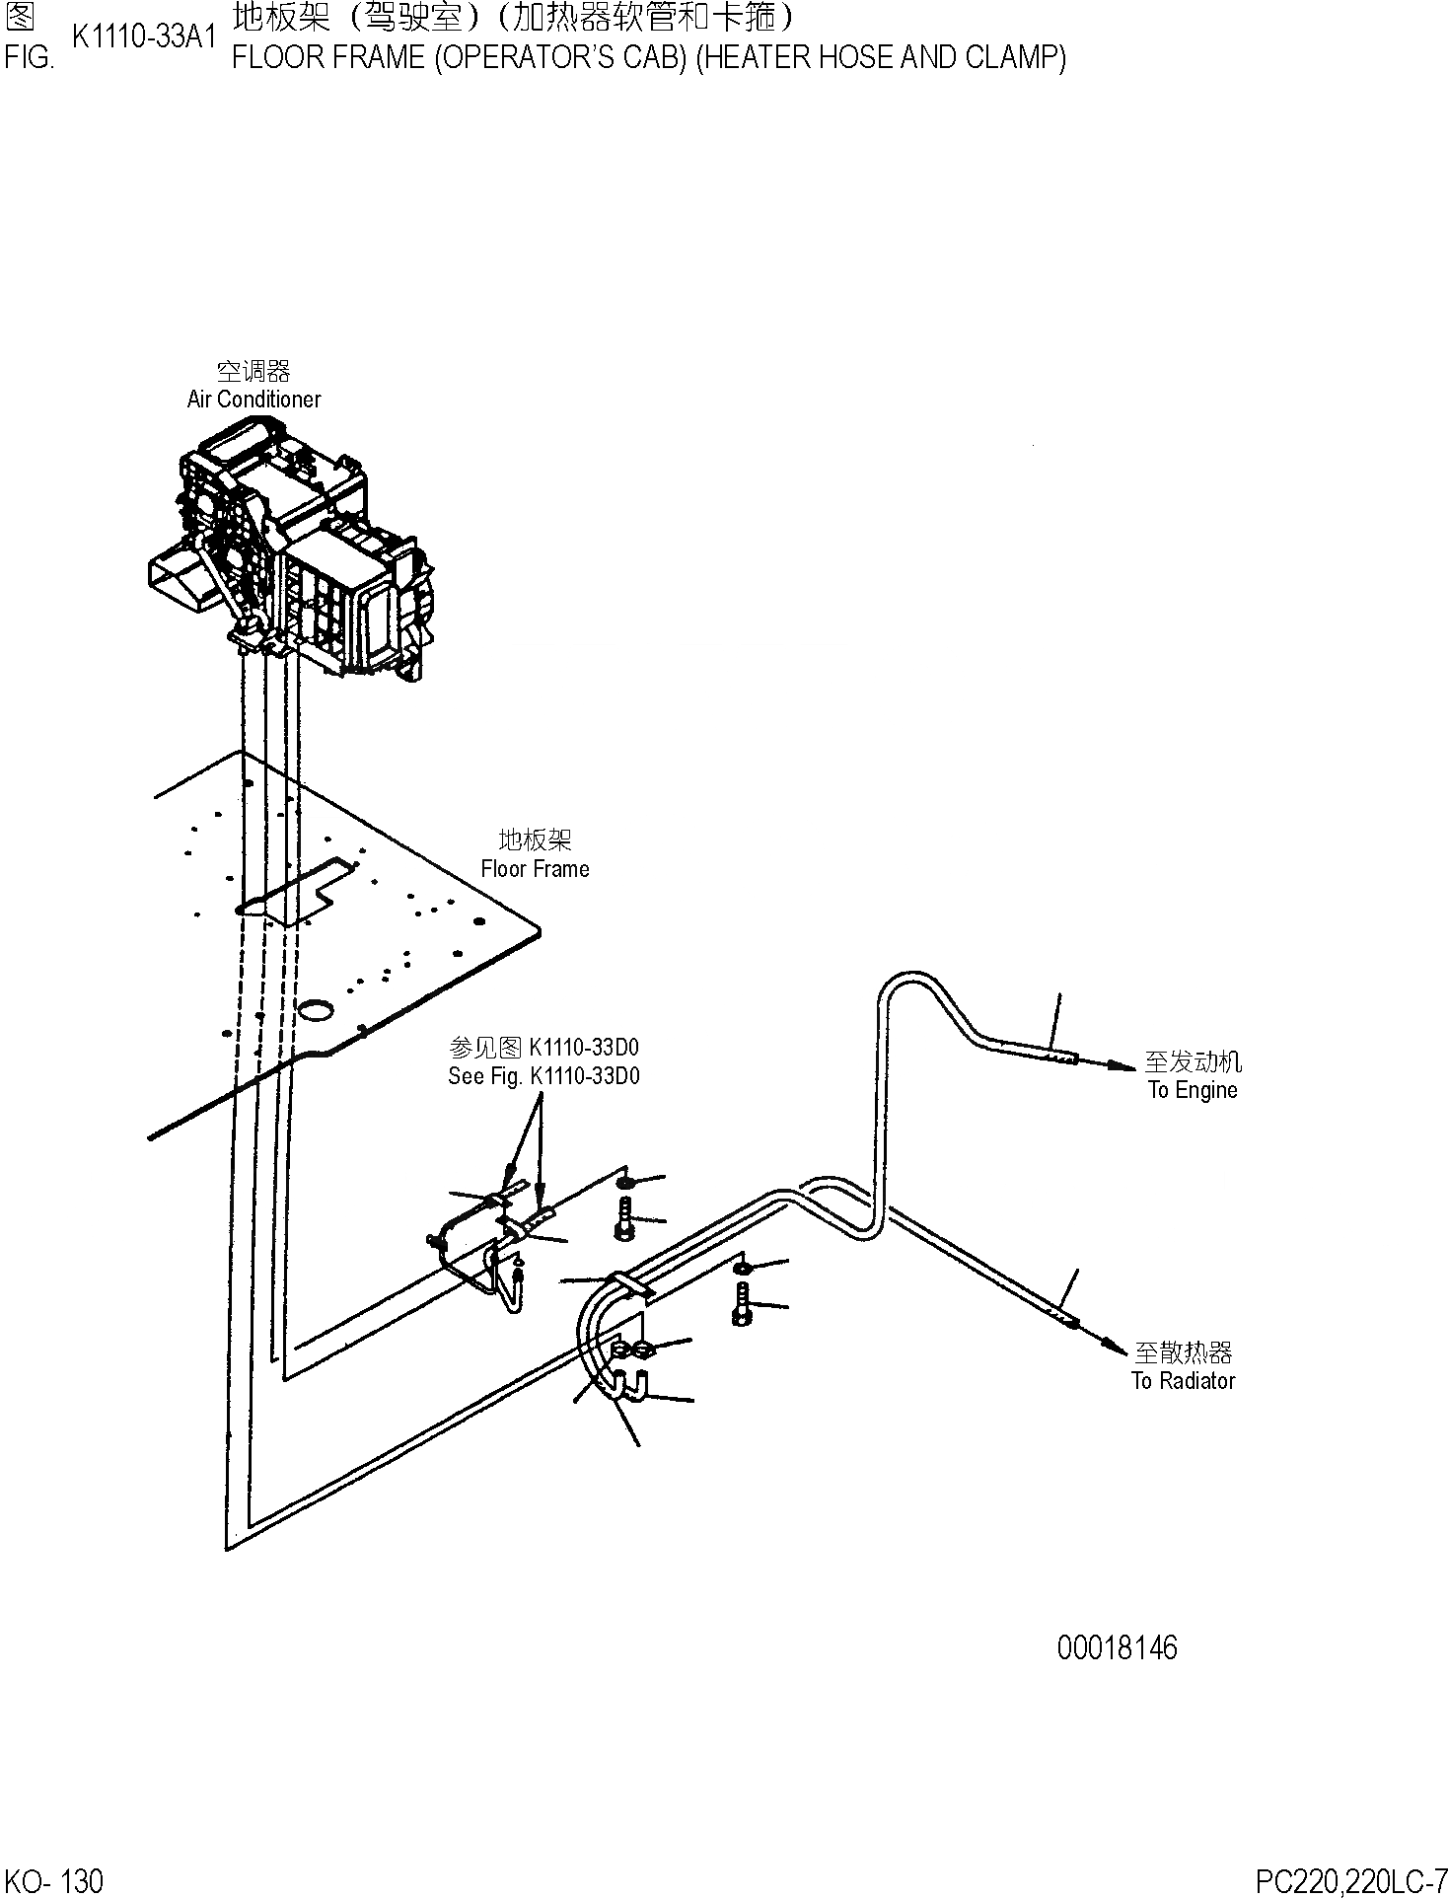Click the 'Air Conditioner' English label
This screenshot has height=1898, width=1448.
pyautogui.click(x=253, y=399)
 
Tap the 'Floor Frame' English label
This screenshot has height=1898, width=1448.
pyautogui.click(x=535, y=868)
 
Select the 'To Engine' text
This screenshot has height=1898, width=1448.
pyautogui.click(x=1192, y=1090)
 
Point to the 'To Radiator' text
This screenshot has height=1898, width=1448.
pyautogui.click(x=1183, y=1380)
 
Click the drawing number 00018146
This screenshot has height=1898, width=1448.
pyautogui.click(x=1117, y=1647)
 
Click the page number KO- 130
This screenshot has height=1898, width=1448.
pyautogui.click(x=53, y=1880)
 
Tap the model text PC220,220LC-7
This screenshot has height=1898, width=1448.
pyautogui.click(x=1350, y=1880)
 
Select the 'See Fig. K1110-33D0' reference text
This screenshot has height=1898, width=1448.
pyautogui.click(x=543, y=1075)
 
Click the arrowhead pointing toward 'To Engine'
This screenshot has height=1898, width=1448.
pyautogui.click(x=1123, y=1065)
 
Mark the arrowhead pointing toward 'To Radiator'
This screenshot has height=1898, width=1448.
pyautogui.click(x=1114, y=1345)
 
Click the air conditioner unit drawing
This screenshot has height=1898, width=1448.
pyautogui.click(x=296, y=552)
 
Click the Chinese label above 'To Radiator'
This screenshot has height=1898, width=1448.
pyautogui.click(x=1183, y=1351)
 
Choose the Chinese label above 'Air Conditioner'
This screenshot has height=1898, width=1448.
pyautogui.click(x=253, y=371)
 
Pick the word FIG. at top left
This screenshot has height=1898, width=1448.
pyautogui.click(x=28, y=57)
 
